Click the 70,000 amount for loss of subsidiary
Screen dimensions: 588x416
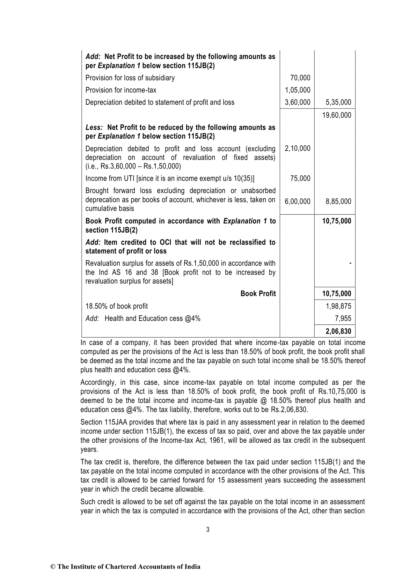[300, 78]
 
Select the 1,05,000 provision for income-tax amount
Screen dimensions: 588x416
[297, 90]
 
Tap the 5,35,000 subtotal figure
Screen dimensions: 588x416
[338, 102]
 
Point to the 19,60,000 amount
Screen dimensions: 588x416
[337, 115]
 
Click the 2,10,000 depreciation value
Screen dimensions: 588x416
[297, 148]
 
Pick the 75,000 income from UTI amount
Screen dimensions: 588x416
[300, 178]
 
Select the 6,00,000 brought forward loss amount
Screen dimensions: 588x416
[297, 201]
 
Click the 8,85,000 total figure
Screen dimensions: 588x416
[338, 201]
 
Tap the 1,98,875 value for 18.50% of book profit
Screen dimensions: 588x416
[338, 306]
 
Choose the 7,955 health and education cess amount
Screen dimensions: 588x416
[343, 318]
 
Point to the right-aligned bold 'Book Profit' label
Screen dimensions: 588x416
[258, 294]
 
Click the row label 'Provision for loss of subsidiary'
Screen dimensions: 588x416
[130, 78]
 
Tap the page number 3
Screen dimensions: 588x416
[208, 530]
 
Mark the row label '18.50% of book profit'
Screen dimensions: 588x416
[117, 306]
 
